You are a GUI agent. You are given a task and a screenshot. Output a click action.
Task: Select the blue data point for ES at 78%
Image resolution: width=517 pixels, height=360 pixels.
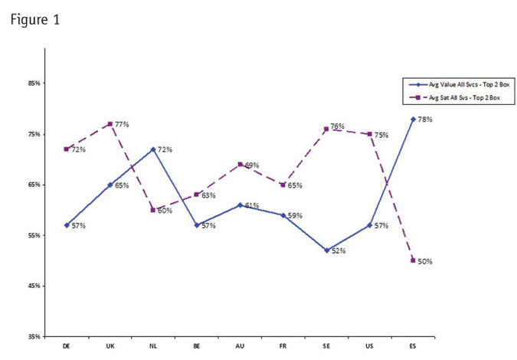coord(413,119)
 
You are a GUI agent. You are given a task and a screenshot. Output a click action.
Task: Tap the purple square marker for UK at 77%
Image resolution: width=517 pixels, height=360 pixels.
coord(110,124)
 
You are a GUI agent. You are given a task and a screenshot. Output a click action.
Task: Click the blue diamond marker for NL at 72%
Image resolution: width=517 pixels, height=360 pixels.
coord(153,149)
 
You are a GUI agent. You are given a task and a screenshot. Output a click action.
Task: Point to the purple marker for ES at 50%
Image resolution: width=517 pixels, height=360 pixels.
coord(413,260)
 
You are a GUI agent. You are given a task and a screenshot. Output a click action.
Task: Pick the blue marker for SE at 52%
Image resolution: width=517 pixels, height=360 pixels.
coord(326,250)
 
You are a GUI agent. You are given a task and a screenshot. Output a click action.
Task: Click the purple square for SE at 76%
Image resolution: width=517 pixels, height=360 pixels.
coord(326,129)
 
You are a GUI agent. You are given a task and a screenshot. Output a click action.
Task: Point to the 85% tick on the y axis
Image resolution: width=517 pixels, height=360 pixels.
coord(34,83)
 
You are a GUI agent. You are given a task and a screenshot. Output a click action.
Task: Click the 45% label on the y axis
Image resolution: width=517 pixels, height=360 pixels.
coord(34,286)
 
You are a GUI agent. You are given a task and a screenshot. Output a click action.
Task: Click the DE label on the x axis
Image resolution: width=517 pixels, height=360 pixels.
coord(67,345)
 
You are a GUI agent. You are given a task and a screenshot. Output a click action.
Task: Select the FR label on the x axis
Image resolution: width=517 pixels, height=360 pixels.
coord(283,345)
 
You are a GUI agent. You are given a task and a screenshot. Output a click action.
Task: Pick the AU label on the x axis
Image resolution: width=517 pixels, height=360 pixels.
coord(240,345)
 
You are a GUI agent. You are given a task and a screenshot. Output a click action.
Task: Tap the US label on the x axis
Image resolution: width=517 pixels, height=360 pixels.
coord(370,345)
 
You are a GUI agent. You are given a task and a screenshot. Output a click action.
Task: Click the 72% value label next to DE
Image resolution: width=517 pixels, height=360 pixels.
coord(78,149)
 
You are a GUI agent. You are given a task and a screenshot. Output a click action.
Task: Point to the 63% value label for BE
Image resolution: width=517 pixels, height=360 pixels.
coord(209,196)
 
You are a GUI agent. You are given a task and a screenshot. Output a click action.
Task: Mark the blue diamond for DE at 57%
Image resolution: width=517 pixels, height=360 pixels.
coord(67,225)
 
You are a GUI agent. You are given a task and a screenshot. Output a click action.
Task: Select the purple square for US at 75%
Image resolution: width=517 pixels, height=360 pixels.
coord(370,134)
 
